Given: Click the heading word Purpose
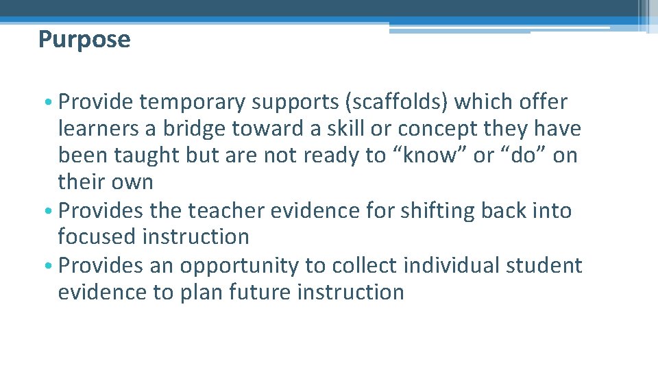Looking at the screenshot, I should [x=84, y=40].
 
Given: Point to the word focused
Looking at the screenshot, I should [x=97, y=237].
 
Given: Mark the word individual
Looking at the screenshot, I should [x=456, y=265].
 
